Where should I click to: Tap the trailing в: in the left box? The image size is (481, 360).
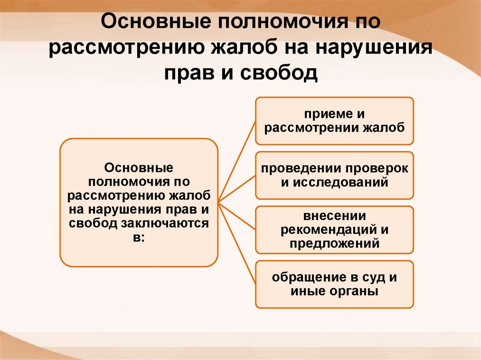click(x=139, y=237)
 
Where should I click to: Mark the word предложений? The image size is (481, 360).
click(x=334, y=243)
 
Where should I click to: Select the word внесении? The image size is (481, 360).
click(x=334, y=216)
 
